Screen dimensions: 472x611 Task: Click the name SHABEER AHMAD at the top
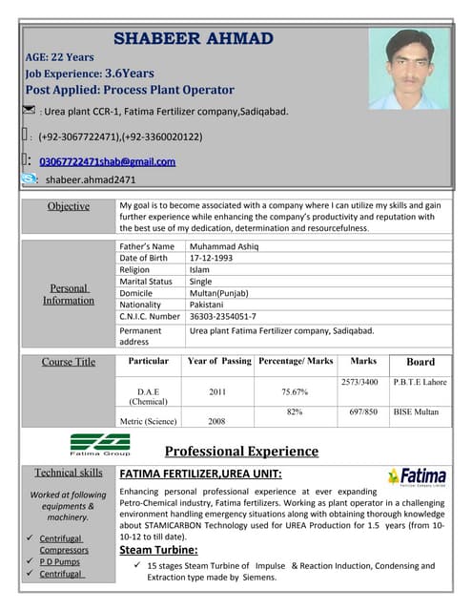pos(194,38)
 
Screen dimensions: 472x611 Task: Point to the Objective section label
pos(68,206)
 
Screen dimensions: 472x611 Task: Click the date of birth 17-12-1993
pos(212,258)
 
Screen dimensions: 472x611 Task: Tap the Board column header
pos(420,362)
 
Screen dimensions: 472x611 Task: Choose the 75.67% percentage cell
pos(295,391)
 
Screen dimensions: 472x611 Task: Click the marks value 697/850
pos(363,411)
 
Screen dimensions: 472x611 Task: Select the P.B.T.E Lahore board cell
pos(420,382)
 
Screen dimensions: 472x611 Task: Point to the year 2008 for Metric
pos(218,420)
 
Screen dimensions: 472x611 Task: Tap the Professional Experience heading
pos(241,452)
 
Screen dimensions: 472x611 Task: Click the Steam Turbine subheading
pos(157,550)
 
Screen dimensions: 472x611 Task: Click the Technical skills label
pos(68,473)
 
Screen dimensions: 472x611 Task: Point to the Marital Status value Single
pos(200,282)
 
